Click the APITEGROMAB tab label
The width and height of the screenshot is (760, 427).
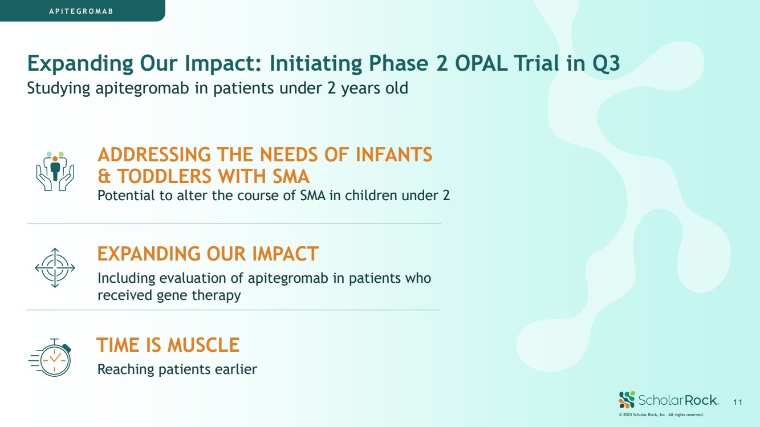tap(81, 11)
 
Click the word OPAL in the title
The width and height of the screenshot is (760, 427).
tap(481, 63)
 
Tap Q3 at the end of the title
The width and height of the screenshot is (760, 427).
tap(606, 64)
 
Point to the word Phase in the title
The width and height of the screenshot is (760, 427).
tap(399, 63)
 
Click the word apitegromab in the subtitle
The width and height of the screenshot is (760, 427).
tap(142, 88)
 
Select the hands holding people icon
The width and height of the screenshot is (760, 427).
tap(55, 171)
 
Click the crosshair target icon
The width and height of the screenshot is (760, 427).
tap(55, 268)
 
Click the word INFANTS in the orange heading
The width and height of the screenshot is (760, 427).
tap(394, 154)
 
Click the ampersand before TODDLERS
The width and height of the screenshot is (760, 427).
tap(104, 176)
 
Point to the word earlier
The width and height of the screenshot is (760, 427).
tap(236, 369)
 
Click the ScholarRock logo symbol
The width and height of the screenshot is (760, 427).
tap(627, 400)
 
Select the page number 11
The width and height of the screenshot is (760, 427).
tap(738, 402)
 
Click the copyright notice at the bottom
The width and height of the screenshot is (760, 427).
tap(661, 415)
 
